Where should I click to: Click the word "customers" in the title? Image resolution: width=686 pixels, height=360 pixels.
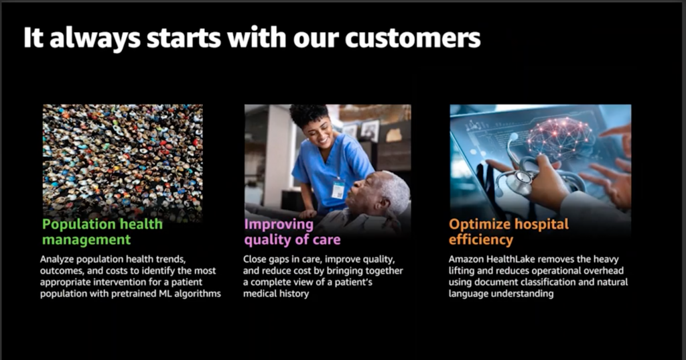point(413,38)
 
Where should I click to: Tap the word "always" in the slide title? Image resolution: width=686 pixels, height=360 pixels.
point(95,38)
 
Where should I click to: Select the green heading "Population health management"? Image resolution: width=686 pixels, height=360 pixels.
point(102,232)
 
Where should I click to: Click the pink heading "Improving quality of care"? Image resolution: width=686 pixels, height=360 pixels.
point(292,232)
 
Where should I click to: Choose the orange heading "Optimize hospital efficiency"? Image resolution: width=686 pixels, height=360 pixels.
point(509,232)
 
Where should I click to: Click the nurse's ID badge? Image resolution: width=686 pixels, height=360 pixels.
point(338,190)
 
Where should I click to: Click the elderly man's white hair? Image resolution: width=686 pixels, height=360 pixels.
point(395,188)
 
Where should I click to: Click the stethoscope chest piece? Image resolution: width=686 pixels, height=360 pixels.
point(519,182)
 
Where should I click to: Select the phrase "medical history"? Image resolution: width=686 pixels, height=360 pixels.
point(276,294)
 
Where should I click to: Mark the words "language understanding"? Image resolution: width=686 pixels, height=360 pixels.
point(501,294)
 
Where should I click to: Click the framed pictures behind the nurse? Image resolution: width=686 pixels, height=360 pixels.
point(361,130)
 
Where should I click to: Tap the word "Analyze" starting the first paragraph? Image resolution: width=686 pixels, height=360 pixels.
point(57,259)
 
